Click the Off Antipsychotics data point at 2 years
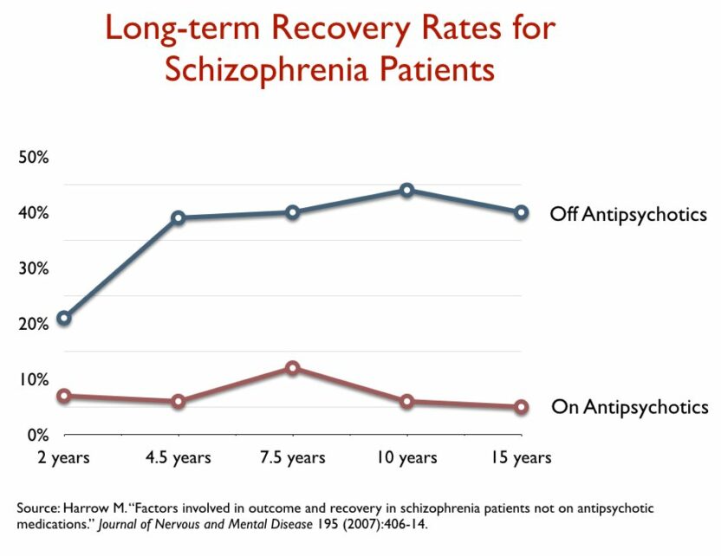click(x=63, y=318)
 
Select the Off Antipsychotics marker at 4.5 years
click(x=179, y=217)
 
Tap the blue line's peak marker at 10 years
click(x=406, y=190)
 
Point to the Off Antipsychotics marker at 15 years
click(x=521, y=212)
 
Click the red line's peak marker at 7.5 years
click(x=293, y=368)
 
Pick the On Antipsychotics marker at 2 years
click(x=63, y=396)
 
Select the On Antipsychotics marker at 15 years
click(x=521, y=407)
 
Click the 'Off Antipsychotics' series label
click(x=628, y=214)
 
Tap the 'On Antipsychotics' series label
click(x=629, y=406)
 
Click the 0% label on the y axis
click(x=36, y=435)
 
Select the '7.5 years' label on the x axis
click(x=293, y=457)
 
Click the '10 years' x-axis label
click(x=406, y=457)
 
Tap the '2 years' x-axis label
click(x=63, y=457)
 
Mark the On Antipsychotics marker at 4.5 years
click(x=179, y=401)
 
